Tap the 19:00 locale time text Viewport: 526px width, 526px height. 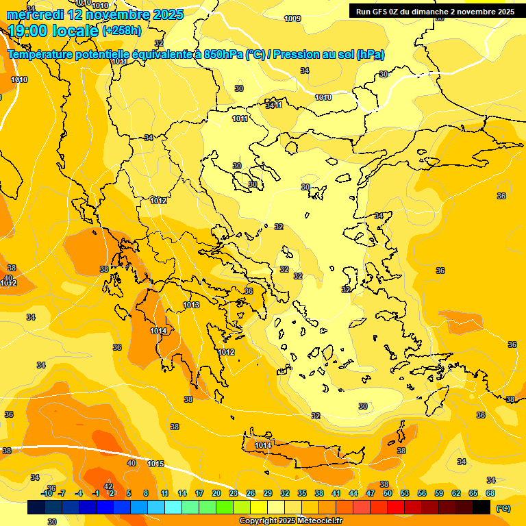pyautogui.click(x=53, y=30)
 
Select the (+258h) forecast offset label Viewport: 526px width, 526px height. pyautogui.click(x=122, y=31)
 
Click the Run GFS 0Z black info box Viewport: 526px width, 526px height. pyautogui.click(x=435, y=11)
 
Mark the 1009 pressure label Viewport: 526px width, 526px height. pyautogui.click(x=292, y=18)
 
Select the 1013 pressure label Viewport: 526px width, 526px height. pyautogui.click(x=191, y=305)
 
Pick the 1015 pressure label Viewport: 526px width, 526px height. pyautogui.click(x=155, y=464)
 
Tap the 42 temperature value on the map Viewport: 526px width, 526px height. pyautogui.click(x=108, y=486)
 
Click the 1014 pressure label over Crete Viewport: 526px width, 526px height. pyautogui.click(x=264, y=445)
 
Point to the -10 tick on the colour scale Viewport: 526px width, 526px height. pyautogui.click(x=47, y=493)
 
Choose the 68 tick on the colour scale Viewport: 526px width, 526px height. pyautogui.click(x=490, y=493)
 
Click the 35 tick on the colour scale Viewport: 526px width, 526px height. pyautogui.click(x=302, y=493)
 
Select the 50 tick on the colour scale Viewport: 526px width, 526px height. pyautogui.click(x=388, y=493)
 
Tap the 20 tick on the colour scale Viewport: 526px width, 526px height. pyautogui.click(x=216, y=493)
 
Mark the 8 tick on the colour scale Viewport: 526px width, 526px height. pyautogui.click(x=146, y=493)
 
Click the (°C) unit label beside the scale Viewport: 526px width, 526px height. pyautogui.click(x=503, y=508)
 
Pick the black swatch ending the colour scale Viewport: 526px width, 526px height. pyautogui.click(x=481, y=508)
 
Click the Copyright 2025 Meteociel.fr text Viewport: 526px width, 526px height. pyautogui.click(x=290, y=521)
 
